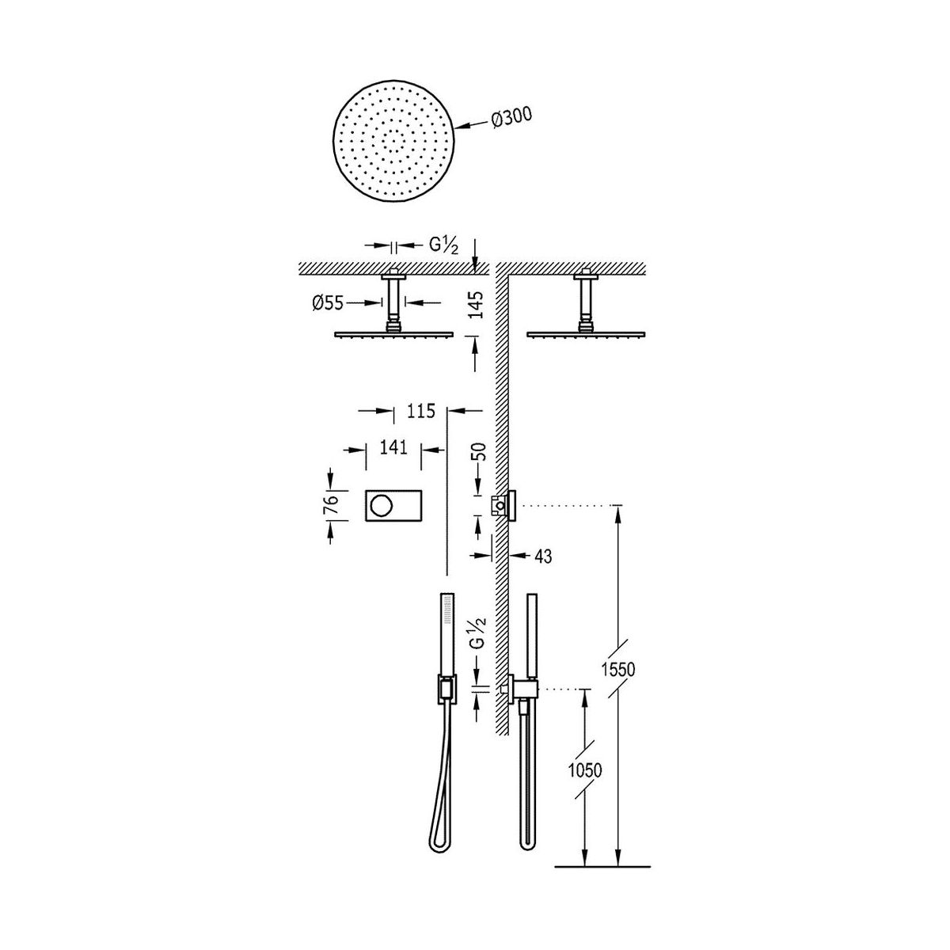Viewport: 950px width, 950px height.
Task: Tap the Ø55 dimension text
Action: pos(327,302)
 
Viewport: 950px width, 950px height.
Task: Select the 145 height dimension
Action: pos(477,305)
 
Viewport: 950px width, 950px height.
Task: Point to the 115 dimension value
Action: pos(421,410)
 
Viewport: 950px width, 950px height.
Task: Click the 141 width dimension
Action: pos(393,447)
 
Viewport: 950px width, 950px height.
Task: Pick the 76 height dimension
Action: pos(333,505)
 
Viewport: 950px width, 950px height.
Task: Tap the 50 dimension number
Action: pos(477,451)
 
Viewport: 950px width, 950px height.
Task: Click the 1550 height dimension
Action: pos(618,669)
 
